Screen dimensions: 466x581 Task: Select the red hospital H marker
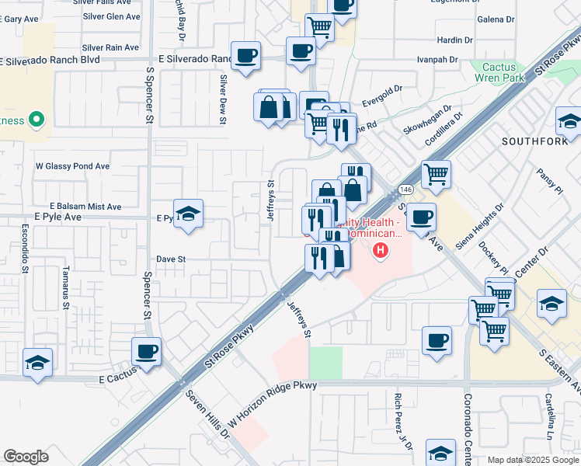381,250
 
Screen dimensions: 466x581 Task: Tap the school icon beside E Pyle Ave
189,215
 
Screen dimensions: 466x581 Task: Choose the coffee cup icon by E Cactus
146,352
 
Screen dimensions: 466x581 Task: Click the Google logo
26,457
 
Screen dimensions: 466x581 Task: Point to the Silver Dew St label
223,99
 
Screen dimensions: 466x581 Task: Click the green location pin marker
35,120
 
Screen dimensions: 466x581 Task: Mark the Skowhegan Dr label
427,121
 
